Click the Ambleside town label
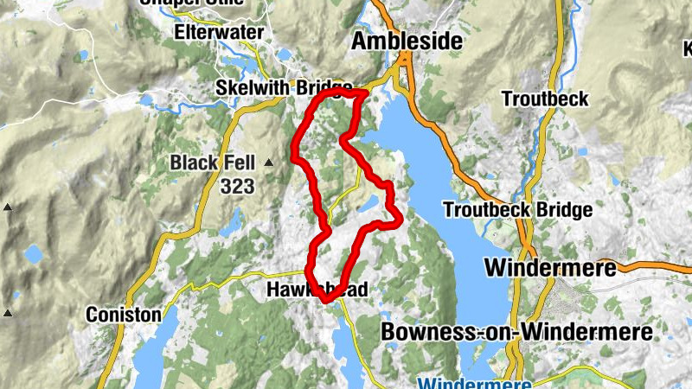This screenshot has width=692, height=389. pos(406,41)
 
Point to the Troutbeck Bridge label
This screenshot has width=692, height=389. pos(517,210)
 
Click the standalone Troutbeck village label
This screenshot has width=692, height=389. pos(545,99)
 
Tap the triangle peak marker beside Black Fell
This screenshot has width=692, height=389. pos(269,163)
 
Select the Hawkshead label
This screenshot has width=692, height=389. pos(317,290)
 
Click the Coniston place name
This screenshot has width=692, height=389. pos(123,316)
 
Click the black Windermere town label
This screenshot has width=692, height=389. pos(550,267)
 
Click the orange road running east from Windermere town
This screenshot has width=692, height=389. pos(657,265)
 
